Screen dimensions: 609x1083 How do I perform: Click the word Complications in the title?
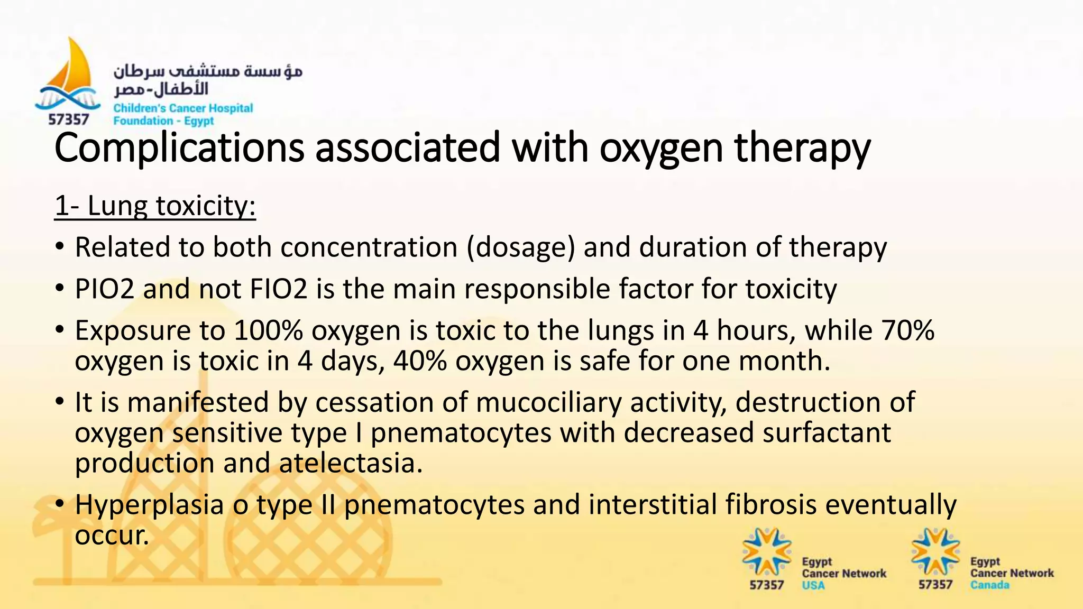[x=179, y=148]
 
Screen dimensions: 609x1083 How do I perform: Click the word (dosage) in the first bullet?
[x=520, y=247]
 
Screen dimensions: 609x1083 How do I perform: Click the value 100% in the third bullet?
[x=268, y=330]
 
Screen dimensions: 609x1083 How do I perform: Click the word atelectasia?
[x=351, y=463]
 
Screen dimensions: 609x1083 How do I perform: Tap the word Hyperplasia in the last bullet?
[x=150, y=504]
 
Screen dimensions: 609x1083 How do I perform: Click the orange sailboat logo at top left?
[x=72, y=71]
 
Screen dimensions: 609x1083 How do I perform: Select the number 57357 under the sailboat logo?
[x=69, y=119]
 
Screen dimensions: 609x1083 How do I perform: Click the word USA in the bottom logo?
[x=813, y=585]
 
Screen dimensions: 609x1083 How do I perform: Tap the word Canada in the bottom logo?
[x=989, y=585]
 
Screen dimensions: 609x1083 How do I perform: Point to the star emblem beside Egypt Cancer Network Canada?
[x=935, y=552]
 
